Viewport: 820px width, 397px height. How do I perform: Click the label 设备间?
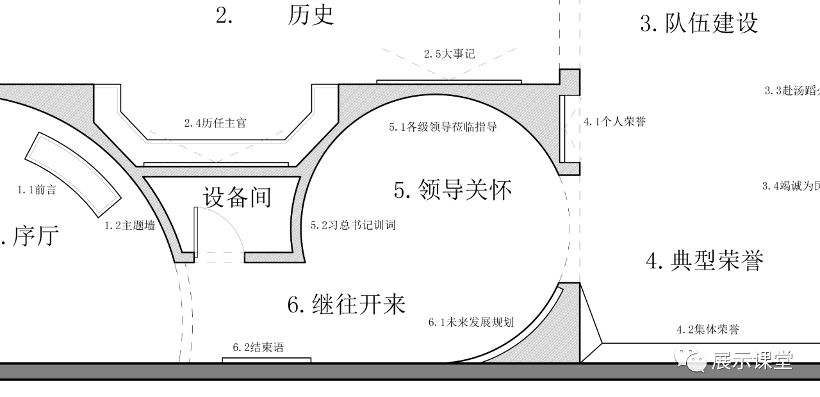pos(237,197)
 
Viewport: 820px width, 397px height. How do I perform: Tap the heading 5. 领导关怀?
pos(453,190)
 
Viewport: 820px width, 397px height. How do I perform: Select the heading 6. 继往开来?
pos(347,304)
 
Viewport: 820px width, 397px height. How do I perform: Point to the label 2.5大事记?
pos(449,54)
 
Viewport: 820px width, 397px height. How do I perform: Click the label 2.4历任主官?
pos(215,123)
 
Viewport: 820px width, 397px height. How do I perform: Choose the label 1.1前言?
pos(36,190)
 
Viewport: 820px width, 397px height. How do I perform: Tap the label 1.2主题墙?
pos(129,225)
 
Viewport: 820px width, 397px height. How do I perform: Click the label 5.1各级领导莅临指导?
pos(443,127)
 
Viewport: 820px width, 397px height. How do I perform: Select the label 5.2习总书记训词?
pos(353,225)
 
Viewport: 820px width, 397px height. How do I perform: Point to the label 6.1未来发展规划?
pos(471,322)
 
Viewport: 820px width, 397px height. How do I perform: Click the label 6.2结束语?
pos(258,348)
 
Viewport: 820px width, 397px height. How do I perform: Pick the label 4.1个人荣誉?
pos(614,122)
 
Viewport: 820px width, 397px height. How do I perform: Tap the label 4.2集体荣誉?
pos(708,330)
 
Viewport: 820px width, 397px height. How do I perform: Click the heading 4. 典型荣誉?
pos(705,261)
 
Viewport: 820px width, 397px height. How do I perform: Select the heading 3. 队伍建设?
pos(699,23)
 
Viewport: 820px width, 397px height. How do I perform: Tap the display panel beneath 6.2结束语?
pos(266,360)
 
